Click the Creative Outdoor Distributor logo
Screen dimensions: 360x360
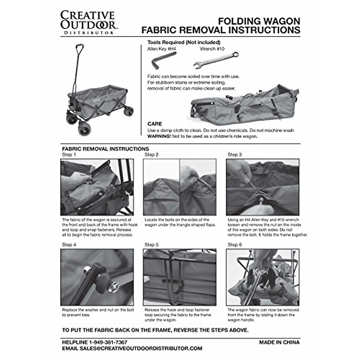tap(88, 23)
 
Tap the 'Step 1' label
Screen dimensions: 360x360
tap(69, 155)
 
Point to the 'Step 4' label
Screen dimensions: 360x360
tap(69, 245)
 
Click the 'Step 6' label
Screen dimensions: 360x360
tap(235, 245)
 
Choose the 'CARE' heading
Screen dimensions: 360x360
tap(155, 124)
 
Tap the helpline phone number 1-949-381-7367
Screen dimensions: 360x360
tap(108, 342)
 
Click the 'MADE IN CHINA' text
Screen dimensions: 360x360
tap(279, 342)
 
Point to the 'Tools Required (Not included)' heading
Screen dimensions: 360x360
tap(184, 42)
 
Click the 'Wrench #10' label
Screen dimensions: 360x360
tap(212, 49)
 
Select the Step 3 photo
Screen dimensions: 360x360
tap(262, 187)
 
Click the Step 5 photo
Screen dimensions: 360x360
tap(179, 277)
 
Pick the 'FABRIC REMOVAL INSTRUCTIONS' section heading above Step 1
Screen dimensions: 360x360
tap(105, 149)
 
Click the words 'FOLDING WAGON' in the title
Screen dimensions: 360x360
tap(259, 21)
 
